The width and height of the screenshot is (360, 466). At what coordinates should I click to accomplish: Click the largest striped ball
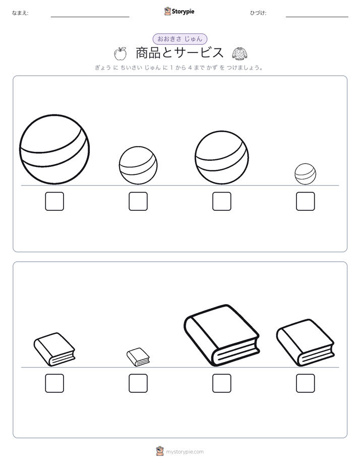click(x=54, y=149)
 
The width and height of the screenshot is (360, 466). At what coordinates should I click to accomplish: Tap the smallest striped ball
click(x=306, y=174)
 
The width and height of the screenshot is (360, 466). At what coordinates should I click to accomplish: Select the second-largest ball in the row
click(x=222, y=157)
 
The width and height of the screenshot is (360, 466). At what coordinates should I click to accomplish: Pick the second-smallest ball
click(x=138, y=165)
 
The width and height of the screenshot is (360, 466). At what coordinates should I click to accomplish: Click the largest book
click(x=221, y=335)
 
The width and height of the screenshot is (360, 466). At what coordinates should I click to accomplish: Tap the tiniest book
click(x=138, y=357)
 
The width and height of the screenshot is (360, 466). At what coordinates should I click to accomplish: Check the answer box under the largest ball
click(x=54, y=201)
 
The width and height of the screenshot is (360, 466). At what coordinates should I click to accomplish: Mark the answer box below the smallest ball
click(x=306, y=201)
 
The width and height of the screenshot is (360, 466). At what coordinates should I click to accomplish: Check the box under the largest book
click(x=222, y=383)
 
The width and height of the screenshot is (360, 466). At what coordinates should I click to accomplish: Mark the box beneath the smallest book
click(x=138, y=383)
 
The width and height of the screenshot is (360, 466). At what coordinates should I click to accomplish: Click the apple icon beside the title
click(x=121, y=53)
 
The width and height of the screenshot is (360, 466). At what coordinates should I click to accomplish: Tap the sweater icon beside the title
click(x=239, y=53)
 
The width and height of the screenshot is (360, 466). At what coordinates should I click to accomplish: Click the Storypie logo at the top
click(x=179, y=11)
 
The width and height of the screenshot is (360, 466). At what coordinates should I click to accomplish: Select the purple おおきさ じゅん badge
click(x=180, y=39)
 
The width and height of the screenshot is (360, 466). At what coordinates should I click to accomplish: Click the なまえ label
click(x=20, y=13)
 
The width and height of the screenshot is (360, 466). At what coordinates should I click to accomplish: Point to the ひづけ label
click(x=258, y=13)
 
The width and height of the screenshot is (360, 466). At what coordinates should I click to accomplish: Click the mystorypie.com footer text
click(x=185, y=452)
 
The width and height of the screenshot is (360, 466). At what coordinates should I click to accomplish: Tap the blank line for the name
click(x=90, y=17)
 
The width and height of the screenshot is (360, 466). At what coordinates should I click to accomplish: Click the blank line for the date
click(x=317, y=17)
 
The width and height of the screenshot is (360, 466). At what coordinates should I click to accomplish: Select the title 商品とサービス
click(x=179, y=53)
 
